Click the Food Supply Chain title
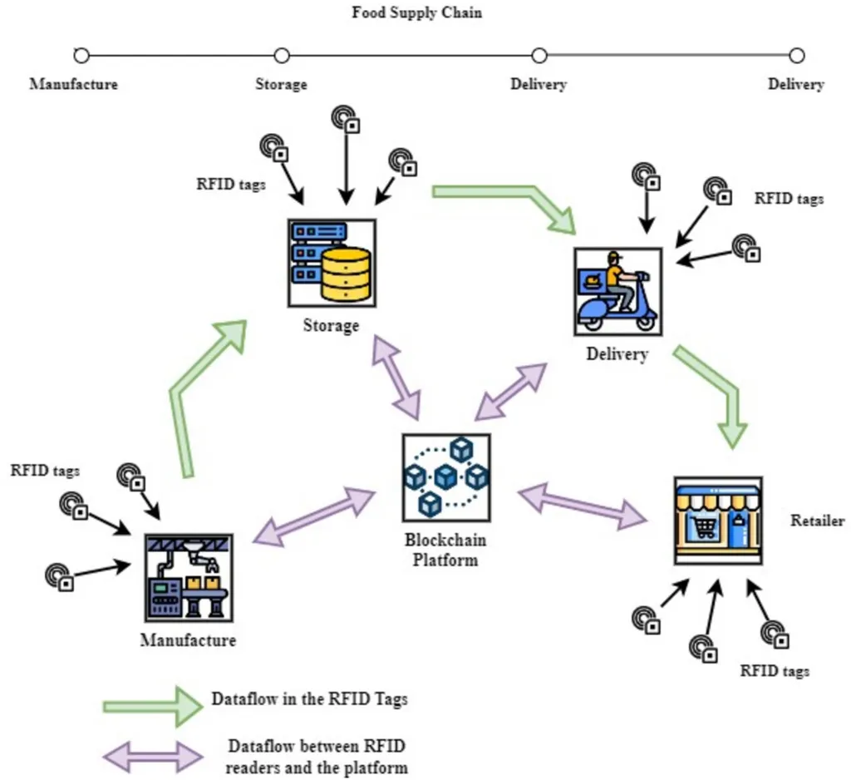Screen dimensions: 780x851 (x=416, y=13)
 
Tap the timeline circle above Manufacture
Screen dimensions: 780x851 (x=81, y=56)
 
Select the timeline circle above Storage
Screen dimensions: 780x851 (x=282, y=56)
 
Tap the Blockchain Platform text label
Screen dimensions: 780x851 (x=445, y=550)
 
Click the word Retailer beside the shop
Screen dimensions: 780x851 (x=817, y=521)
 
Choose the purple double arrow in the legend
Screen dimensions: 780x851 (x=153, y=755)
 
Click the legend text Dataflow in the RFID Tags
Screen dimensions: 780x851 (x=309, y=699)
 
